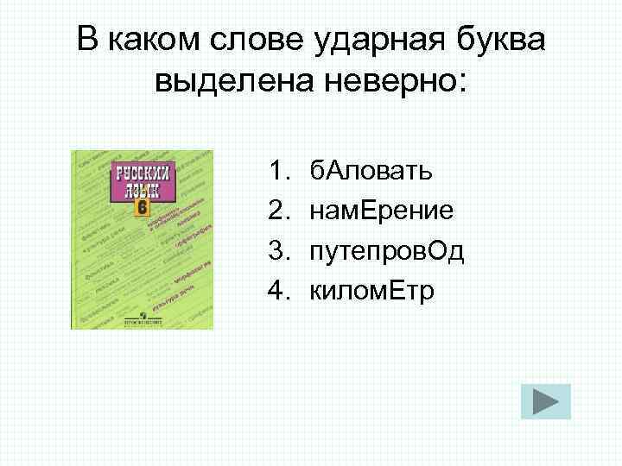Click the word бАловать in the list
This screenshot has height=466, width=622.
373,172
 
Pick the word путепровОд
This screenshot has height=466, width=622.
399,252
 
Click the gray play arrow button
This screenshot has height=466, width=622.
545,402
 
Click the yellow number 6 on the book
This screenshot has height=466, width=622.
142,209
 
